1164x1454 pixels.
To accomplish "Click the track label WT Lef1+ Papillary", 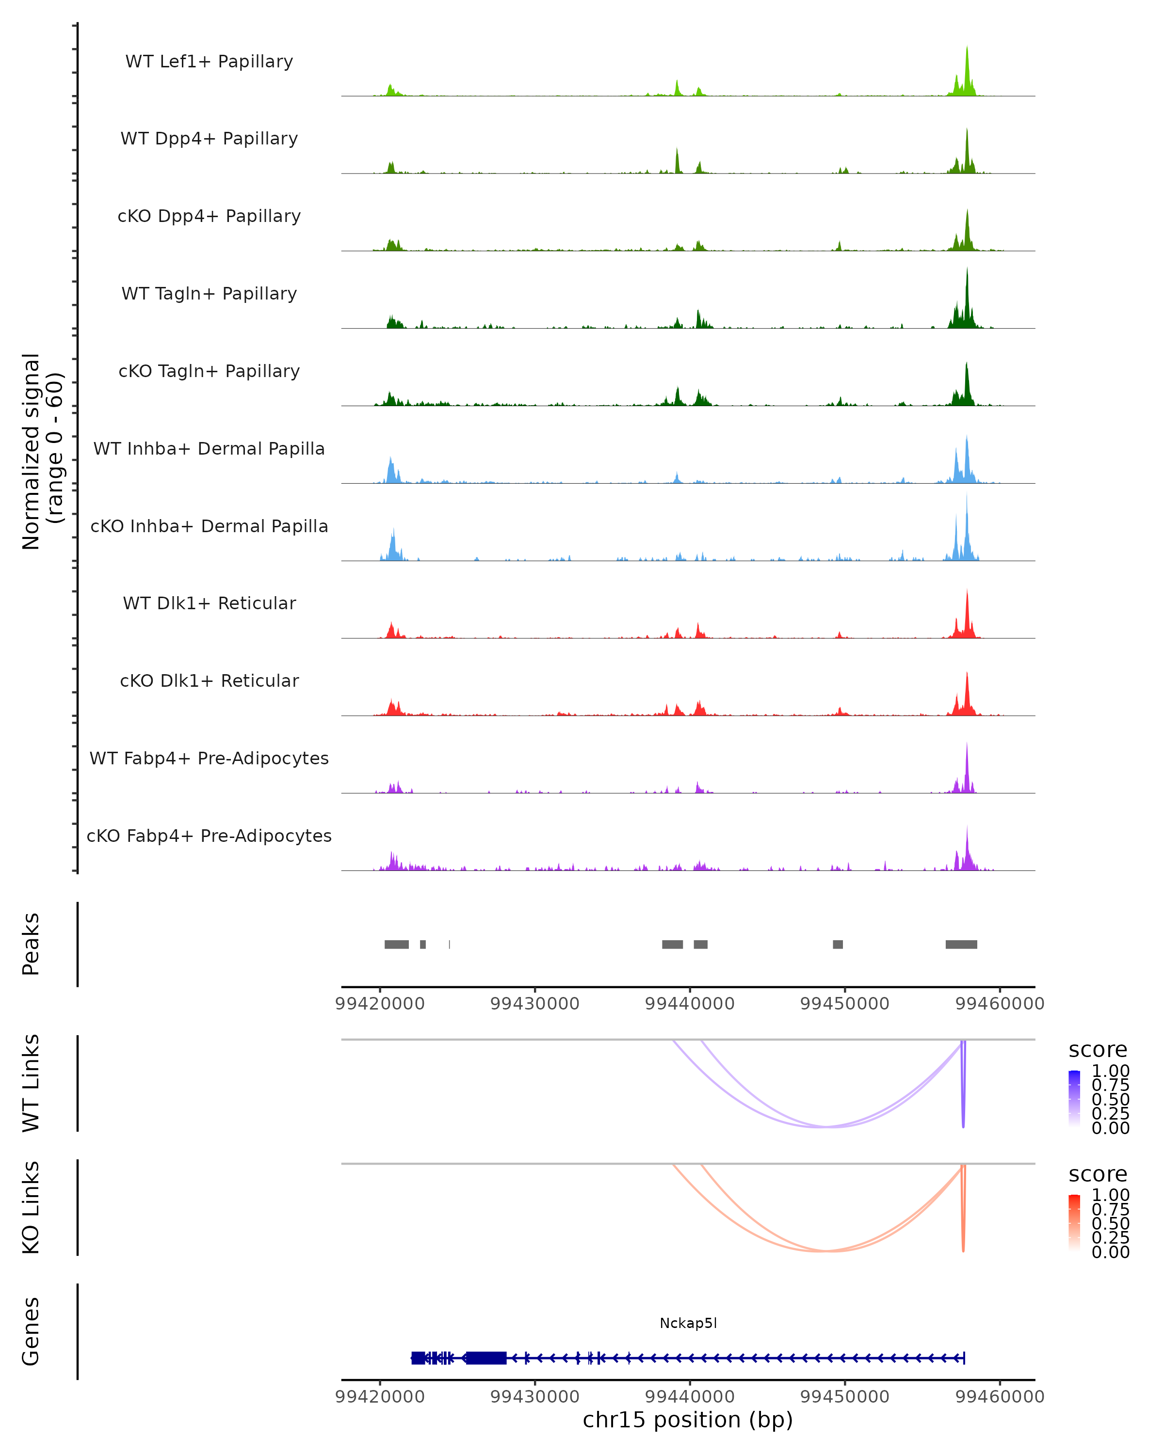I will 209,62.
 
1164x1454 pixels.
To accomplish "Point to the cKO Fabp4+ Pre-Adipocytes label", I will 209,836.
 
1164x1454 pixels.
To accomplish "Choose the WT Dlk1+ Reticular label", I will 209,603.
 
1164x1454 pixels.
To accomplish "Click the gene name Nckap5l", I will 688,1323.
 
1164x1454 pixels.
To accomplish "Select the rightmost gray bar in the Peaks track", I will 961,944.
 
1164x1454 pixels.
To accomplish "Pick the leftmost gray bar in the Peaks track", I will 396,944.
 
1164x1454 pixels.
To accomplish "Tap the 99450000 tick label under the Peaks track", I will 844,1004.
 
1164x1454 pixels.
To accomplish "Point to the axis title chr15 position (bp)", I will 688,1420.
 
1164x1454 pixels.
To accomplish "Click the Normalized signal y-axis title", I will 42,451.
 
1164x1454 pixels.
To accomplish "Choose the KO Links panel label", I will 31,1207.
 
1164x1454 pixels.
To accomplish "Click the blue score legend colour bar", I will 1074,1098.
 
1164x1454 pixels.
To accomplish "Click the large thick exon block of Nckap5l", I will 486,1358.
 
